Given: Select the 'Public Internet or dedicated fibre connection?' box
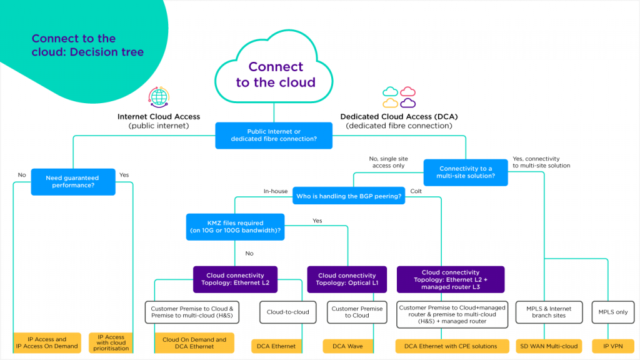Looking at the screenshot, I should point(274,135).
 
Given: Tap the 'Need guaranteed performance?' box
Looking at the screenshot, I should point(73,181).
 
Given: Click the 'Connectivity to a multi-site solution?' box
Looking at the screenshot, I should point(466,172).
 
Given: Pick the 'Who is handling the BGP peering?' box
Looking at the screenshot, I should point(349,196).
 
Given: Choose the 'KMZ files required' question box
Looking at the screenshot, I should point(235,226).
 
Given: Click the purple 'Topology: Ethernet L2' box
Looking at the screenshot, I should point(235,279).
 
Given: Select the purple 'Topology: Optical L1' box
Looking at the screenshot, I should point(347,279).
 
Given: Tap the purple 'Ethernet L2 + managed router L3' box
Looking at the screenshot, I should point(451,279).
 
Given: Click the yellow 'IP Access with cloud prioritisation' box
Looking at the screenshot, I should point(111,342).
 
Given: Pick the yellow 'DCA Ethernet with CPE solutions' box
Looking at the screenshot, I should point(451,346).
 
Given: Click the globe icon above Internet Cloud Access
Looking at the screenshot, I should point(159,98).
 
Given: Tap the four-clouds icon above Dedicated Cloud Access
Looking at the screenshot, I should point(399,97).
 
